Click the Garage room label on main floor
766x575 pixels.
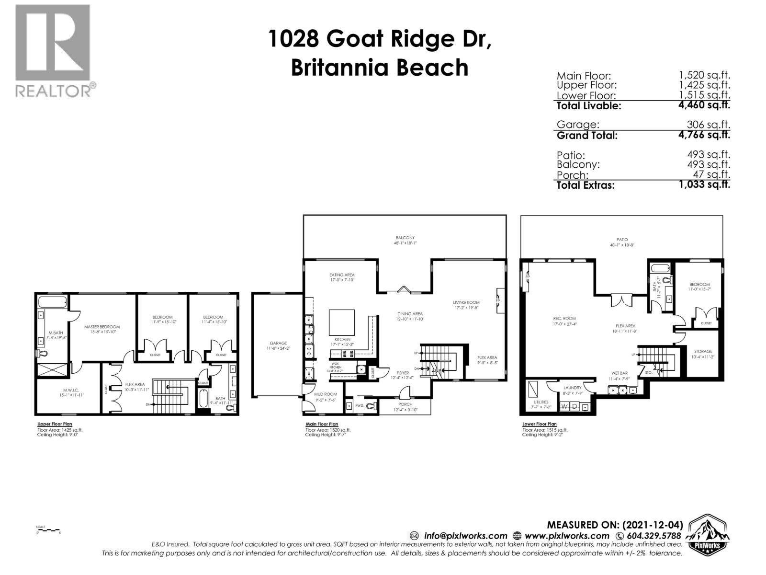[278, 343]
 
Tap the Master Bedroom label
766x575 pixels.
[102, 327]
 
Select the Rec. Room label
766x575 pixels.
[563, 318]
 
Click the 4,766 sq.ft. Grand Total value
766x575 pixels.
[704, 135]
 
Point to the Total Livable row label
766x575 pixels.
[588, 106]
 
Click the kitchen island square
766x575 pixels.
[341, 322]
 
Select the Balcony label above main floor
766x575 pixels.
[405, 238]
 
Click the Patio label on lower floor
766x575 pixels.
[622, 240]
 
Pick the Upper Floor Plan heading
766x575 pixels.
[55, 424]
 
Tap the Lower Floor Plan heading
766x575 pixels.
[539, 424]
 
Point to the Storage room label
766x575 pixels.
[703, 351]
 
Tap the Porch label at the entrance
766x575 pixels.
[405, 404]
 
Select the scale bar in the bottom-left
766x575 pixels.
[48, 530]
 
